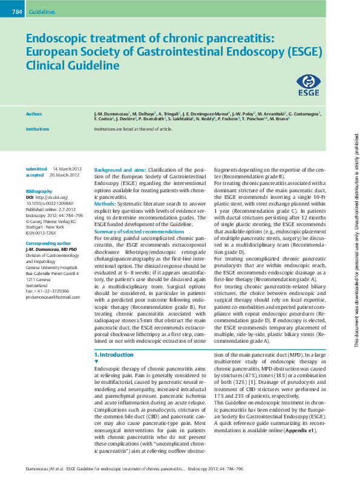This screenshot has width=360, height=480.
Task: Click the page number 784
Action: click(18, 11)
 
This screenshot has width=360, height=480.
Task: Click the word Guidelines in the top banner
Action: click(42, 11)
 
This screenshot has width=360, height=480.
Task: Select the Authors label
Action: click(34, 114)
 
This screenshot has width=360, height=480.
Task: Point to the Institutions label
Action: click(38, 129)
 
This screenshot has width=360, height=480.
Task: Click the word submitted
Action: click(36, 169)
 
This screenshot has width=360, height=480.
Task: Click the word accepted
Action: click(35, 175)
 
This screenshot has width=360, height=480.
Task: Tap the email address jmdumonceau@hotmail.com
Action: click(52, 297)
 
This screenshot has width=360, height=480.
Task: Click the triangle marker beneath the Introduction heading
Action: click(97, 361)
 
